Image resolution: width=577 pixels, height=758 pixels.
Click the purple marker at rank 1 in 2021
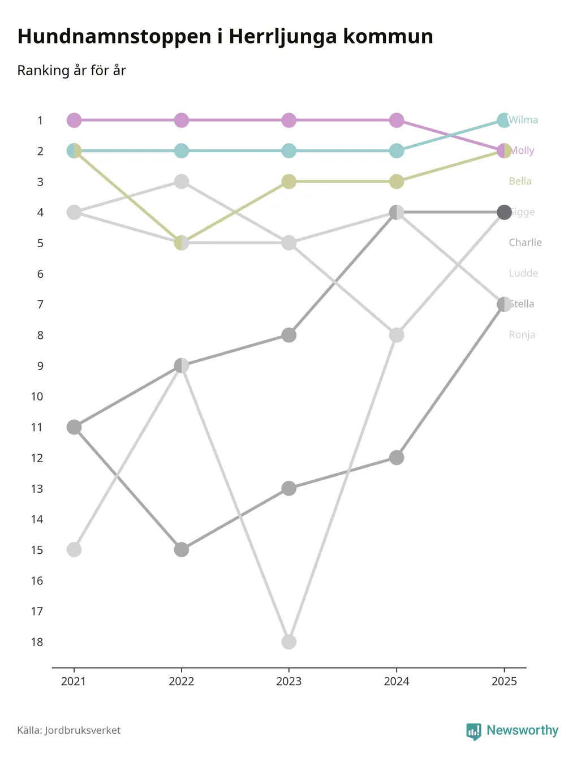point(74,120)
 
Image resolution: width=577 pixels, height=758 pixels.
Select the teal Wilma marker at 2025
point(503,120)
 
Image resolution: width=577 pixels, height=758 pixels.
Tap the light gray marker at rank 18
point(289,642)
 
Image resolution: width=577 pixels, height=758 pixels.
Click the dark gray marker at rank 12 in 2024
point(397,458)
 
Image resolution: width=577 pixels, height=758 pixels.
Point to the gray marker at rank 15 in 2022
point(181,549)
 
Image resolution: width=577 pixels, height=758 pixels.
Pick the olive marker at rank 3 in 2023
point(289,182)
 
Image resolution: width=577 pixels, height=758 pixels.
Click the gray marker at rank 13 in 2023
point(289,488)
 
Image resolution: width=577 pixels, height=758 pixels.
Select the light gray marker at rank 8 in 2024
point(397,335)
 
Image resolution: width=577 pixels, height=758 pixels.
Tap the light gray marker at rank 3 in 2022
point(181,182)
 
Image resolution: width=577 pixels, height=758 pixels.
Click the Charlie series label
point(525,243)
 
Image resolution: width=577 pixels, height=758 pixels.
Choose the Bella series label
point(520,182)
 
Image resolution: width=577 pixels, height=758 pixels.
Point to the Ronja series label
point(522,335)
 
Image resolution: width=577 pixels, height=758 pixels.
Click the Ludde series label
point(523,273)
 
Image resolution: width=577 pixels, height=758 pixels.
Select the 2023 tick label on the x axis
point(289,681)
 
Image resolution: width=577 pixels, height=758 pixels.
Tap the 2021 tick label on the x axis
point(74,681)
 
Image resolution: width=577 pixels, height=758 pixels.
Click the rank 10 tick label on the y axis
point(37,397)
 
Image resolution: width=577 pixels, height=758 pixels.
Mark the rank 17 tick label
point(37,611)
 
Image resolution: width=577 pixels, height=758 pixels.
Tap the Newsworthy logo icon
point(473,731)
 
